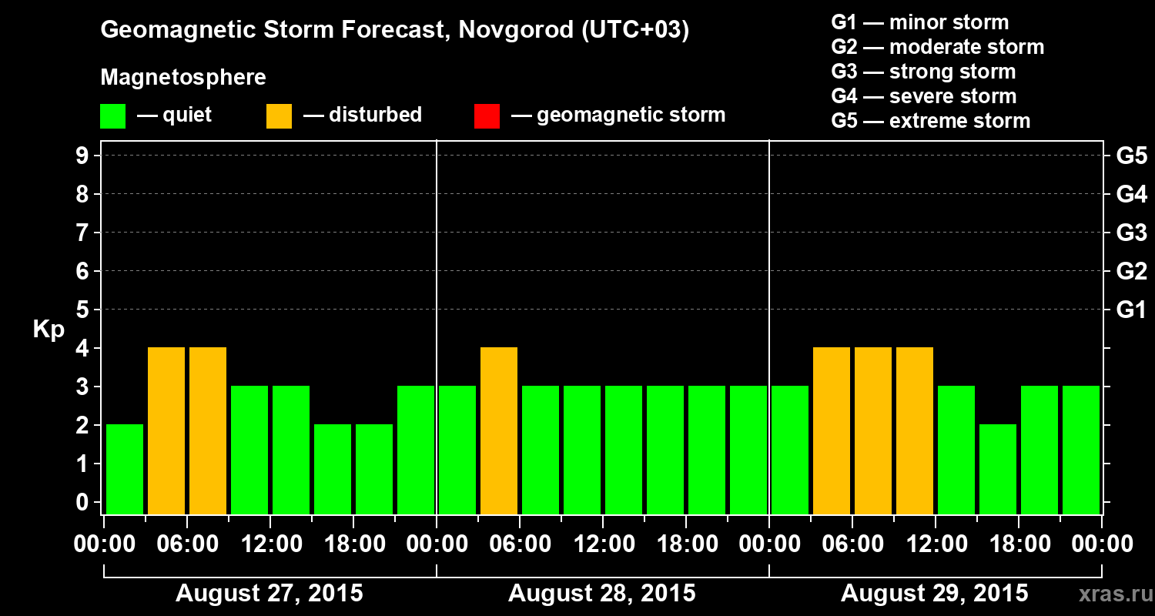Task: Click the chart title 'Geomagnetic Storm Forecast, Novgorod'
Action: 394,30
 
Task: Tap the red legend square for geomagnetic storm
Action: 487,115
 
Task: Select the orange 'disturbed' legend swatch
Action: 279,115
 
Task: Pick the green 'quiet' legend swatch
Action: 112,115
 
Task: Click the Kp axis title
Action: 49,330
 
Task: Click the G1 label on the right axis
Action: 1131,310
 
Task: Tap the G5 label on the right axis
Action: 1131,156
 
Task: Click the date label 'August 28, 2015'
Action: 601,594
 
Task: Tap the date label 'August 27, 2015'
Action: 269,594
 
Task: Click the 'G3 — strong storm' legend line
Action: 923,72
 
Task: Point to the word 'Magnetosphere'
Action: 183,78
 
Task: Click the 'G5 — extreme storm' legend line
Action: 930,121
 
